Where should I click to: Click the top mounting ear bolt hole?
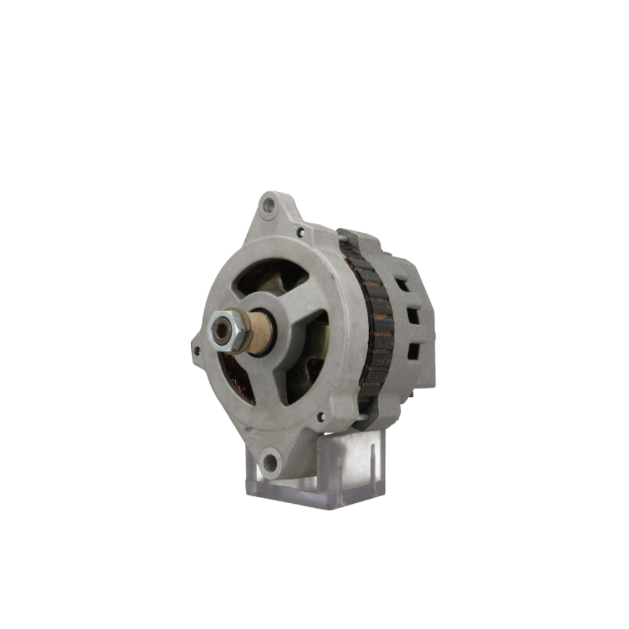pos(269,204)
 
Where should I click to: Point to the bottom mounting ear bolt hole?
pos(270,464)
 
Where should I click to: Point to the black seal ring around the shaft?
pos(274,333)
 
